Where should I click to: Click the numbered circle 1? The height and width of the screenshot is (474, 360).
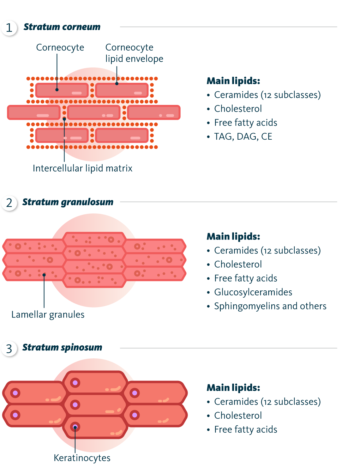point(9,28)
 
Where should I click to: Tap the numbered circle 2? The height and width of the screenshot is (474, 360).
point(9,203)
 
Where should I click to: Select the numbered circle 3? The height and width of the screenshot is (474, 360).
point(9,349)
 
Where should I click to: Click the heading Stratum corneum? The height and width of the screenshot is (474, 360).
point(62,27)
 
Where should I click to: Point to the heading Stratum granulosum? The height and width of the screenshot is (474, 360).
point(68,202)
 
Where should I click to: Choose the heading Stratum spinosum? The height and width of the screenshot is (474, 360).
point(62,348)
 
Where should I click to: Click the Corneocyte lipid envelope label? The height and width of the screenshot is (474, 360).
point(134,53)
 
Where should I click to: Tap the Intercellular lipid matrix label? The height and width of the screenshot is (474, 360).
point(82,168)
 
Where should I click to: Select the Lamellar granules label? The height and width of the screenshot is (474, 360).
point(48,315)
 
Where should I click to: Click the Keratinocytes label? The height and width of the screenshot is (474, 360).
point(82,458)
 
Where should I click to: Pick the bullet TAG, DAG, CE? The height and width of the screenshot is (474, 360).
point(243,137)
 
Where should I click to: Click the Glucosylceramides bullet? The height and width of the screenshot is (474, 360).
point(253,292)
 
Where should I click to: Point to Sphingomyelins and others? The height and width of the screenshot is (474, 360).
point(270,306)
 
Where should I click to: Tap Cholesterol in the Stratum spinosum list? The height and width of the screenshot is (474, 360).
point(238,416)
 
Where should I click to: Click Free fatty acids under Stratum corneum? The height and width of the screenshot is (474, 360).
point(246,123)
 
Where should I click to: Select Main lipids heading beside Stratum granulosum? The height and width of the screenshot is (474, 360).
point(233,236)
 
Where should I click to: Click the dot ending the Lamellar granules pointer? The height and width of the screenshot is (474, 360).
point(44,275)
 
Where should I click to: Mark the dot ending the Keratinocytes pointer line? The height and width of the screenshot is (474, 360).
point(75,427)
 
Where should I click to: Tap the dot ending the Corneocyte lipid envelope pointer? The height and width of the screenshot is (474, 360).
point(117,83)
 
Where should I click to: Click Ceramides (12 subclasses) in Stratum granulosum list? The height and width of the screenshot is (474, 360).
point(267,251)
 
